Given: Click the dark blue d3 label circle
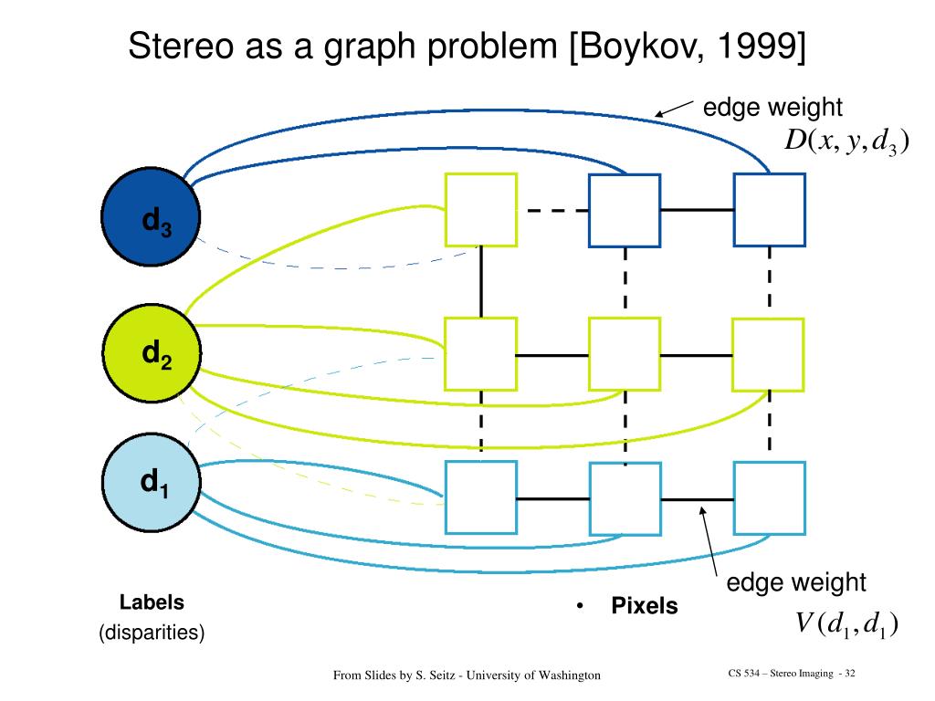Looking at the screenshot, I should coord(150,219).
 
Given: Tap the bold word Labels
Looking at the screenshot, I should coord(152,602).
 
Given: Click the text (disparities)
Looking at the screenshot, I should coord(152,633).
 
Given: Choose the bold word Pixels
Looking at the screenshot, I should coord(645,606).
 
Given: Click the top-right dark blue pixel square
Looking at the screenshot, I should coord(770,210).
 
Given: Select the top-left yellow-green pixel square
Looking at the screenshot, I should coord(481,209).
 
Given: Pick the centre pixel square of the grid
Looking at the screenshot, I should coord(625,353).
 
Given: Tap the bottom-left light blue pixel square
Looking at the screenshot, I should coord(480,497).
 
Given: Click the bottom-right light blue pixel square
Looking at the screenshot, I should coord(770,497).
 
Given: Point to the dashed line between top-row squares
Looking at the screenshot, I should coord(552,210).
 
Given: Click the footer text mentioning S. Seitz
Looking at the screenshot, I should coord(467,675).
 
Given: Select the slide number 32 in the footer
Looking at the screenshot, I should coord(849,674).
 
